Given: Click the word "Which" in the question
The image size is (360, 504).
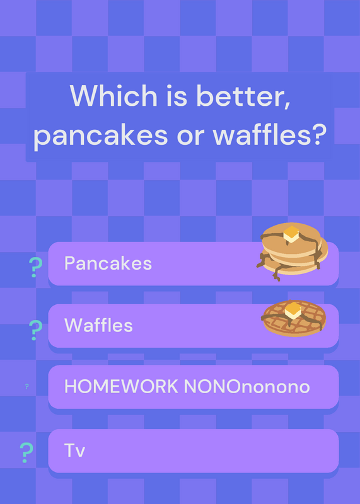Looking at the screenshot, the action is [113, 96].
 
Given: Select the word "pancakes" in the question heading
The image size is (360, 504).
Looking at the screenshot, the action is [101, 135].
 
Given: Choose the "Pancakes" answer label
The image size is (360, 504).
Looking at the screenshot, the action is [108, 263].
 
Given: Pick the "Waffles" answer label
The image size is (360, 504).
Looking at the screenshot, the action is [98, 325].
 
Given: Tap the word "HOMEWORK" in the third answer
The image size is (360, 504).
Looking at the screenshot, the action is [121, 386].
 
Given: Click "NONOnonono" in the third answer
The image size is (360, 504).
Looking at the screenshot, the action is [247, 386].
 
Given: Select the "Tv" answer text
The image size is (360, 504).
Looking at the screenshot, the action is [74, 450].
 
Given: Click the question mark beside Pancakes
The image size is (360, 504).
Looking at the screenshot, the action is [35, 267].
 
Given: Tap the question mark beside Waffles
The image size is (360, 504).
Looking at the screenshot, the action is [35, 330].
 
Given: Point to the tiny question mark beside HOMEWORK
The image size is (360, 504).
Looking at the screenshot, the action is [26, 386].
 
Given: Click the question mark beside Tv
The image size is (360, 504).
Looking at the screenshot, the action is [26, 452].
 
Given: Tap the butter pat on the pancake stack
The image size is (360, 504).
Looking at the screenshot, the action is [291, 234].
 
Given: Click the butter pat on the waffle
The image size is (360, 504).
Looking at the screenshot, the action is [293, 310].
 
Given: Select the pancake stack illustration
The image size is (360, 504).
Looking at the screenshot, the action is [292, 251].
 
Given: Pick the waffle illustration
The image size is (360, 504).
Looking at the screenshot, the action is [294, 318].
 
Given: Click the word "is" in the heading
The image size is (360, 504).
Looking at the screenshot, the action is [177, 96].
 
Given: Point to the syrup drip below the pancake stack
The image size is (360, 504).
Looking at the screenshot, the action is [276, 274].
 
